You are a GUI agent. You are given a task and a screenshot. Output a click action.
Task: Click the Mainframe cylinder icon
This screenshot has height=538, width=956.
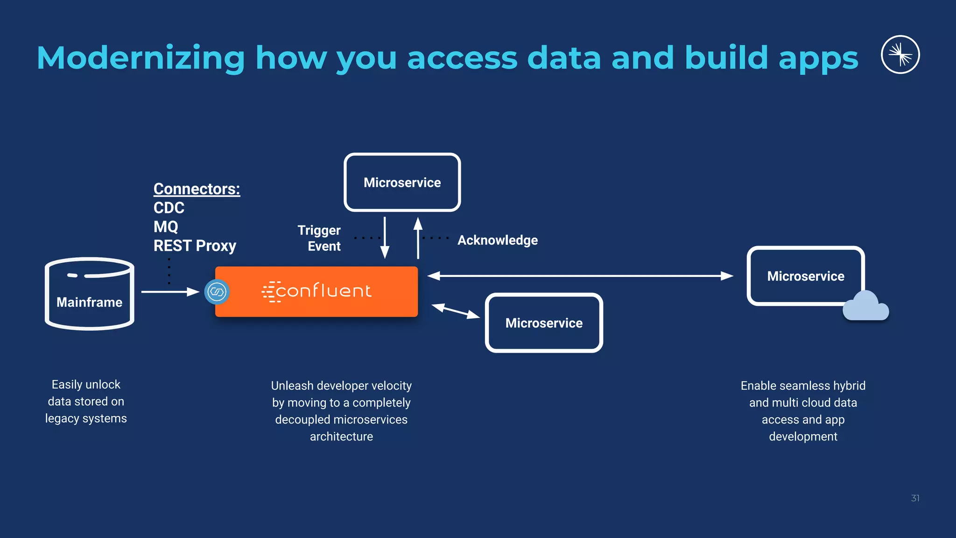point(89,294)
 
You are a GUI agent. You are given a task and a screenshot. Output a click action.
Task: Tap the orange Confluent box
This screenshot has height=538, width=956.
point(316,291)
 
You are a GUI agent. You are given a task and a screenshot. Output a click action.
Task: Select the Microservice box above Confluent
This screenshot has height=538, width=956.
point(402,183)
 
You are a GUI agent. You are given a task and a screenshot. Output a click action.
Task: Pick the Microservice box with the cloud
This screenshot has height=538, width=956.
point(805,276)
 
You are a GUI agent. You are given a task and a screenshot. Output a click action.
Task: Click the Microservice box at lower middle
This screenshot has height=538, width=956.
point(544,323)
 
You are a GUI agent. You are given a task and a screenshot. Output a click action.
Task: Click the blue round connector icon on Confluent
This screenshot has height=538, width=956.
point(217,292)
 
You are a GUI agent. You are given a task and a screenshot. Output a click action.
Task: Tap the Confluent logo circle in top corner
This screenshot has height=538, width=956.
point(900,55)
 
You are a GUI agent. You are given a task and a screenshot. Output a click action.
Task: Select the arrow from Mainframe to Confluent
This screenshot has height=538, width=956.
point(170,292)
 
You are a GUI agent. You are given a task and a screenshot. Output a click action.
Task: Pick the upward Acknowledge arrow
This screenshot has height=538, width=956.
point(418,238)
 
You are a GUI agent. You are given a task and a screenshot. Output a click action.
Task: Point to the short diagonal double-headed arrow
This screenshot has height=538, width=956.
point(456,311)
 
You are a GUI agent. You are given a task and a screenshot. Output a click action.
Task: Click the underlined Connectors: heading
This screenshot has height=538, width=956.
point(197,189)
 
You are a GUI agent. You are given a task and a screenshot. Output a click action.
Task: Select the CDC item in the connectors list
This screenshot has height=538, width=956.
point(169,208)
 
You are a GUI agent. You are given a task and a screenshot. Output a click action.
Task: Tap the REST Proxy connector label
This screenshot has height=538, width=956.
point(195,246)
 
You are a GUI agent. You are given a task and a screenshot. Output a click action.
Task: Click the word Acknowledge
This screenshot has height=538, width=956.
point(497,240)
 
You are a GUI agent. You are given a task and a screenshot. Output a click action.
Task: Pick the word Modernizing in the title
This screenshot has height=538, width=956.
point(141,58)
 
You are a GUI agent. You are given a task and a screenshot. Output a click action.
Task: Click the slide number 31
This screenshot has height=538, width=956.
point(915,498)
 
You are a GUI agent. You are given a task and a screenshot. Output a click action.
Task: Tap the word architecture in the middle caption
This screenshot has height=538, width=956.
point(341,437)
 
